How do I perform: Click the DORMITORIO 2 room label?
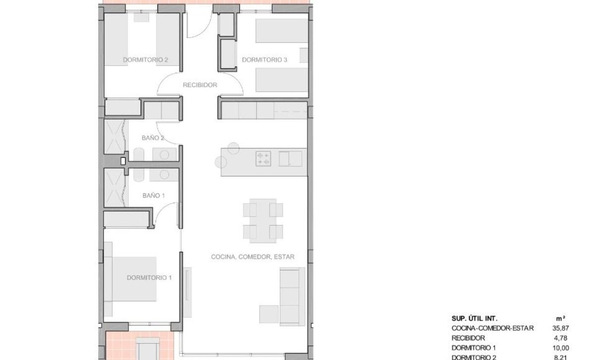pos(145,60)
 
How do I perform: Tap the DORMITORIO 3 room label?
pos(264,60)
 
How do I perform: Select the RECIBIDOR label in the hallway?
pos(200,85)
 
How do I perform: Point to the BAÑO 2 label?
pos(153,138)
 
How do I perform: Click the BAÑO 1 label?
pos(153,195)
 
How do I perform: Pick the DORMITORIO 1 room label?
pos(149,278)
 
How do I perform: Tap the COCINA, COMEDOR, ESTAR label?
pos(252,257)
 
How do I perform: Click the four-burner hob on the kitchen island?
pos(263,159)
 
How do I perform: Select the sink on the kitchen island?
pos(291,159)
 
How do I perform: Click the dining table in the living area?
pos(263,221)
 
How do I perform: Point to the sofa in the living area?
pos(293,297)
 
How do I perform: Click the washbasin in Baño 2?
pos(164,155)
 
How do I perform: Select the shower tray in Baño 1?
pos(115,187)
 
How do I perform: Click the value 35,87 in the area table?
pos(560,328)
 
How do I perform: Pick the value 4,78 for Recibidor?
pos(560,338)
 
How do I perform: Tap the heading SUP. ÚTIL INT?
pos(475,318)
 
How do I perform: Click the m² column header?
pos(560,318)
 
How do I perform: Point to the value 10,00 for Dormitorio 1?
pos(560,348)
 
